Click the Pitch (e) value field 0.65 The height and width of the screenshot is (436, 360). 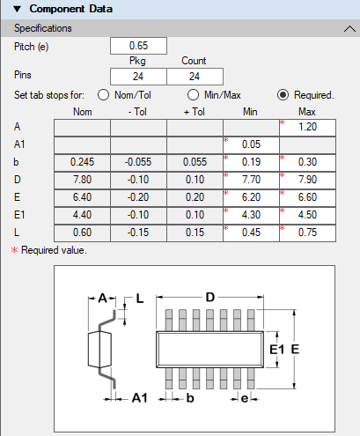click(x=138, y=46)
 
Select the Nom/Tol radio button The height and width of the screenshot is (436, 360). click(x=104, y=95)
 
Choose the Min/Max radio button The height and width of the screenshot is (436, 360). click(x=193, y=95)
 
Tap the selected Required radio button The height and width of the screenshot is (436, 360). click(x=283, y=95)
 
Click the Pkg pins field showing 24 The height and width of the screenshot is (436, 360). click(x=138, y=77)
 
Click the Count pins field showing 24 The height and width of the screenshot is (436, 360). click(x=195, y=77)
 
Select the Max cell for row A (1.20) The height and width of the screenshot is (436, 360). click(x=307, y=127)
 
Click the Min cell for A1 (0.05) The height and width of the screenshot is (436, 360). click(x=251, y=144)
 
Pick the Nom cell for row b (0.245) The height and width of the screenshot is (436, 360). click(x=82, y=162)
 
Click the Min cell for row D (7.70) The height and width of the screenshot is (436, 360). click(x=251, y=180)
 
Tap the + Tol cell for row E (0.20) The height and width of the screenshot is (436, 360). click(x=195, y=197)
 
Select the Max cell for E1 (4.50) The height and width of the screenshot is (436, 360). click(x=307, y=215)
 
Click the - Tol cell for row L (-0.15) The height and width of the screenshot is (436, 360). click(x=138, y=233)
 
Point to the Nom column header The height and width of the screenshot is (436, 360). click(x=83, y=112)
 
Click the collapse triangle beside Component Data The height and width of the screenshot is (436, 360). click(x=18, y=9)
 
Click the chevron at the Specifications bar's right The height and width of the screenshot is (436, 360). click(x=349, y=29)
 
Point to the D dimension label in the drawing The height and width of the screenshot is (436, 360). click(x=210, y=298)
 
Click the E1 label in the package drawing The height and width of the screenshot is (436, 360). click(x=276, y=350)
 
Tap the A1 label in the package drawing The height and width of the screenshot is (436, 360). click(x=140, y=398)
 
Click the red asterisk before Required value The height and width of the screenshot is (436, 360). click(x=14, y=250)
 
